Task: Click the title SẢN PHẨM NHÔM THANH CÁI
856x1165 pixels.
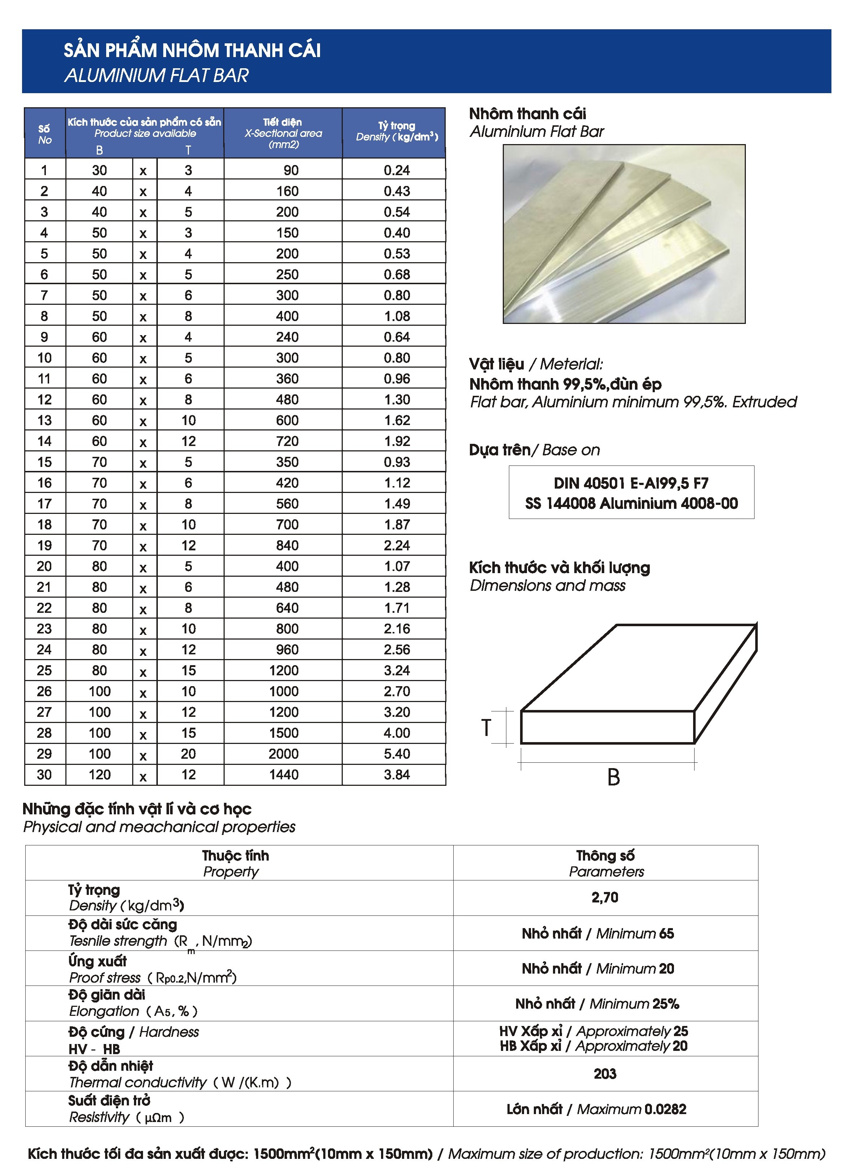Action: [x=192, y=50]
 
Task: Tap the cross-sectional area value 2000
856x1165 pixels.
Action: [x=284, y=754]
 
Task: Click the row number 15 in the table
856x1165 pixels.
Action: [x=44, y=462]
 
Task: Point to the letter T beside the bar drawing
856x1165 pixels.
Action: [x=486, y=728]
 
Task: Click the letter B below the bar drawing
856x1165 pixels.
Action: [x=614, y=777]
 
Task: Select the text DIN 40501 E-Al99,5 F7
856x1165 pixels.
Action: [x=631, y=483]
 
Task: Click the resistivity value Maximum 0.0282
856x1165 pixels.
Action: [x=596, y=1109]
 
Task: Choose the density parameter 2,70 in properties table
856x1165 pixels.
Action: [x=605, y=897]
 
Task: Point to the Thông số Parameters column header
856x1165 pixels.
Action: [x=605, y=863]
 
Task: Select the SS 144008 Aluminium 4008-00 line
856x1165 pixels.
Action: [x=631, y=503]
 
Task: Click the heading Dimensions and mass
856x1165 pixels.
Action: [x=547, y=586]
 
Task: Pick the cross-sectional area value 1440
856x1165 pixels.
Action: [x=284, y=774]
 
